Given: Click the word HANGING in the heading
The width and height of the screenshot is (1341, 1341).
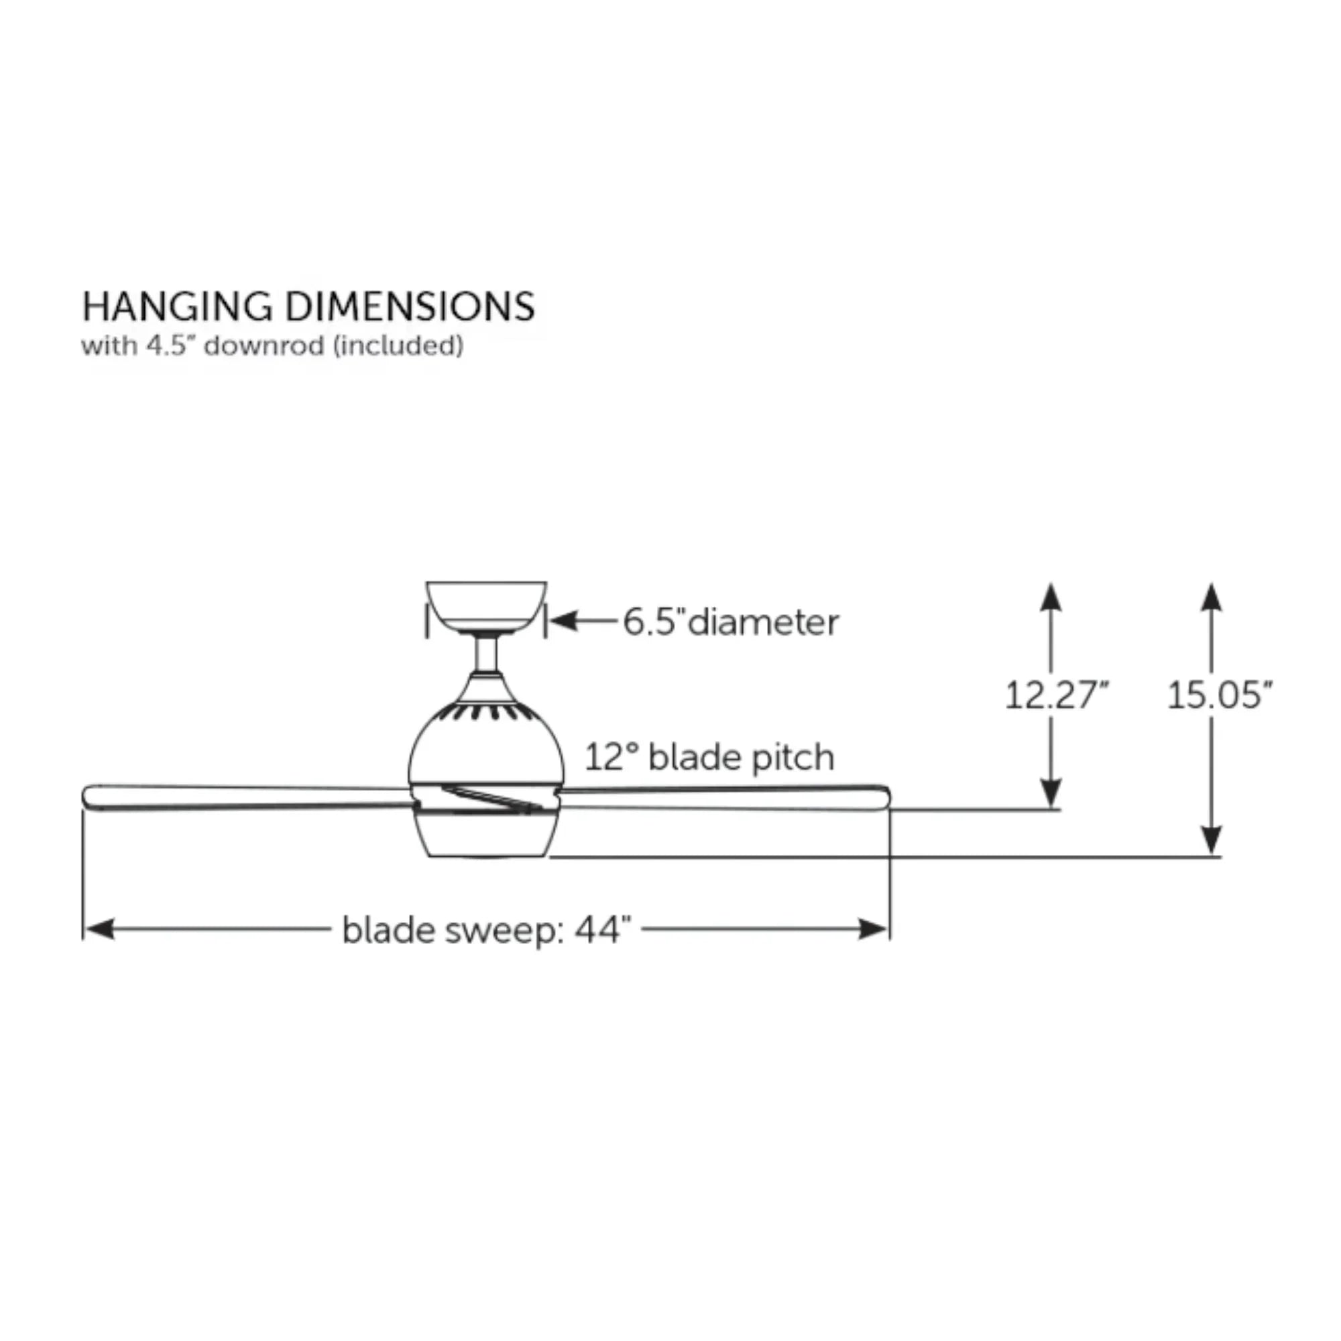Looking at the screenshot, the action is point(177,307).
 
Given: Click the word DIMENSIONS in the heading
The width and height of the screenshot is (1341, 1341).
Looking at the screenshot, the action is point(410,307).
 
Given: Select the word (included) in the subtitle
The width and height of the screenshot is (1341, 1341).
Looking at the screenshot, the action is point(398,346).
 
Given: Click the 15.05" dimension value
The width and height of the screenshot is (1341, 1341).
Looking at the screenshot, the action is point(1220,695).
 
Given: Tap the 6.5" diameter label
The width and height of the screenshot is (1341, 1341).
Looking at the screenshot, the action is point(731,622).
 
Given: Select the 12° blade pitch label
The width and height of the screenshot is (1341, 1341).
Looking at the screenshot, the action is point(709,756).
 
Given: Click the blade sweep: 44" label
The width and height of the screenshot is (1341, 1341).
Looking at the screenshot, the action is point(487,930).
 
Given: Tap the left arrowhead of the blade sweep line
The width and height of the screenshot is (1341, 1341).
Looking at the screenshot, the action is point(99,929).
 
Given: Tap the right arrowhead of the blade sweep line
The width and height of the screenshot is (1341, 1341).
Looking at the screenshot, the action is point(873,929).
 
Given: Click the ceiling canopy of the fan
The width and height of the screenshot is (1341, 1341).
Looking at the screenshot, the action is point(486,608).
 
